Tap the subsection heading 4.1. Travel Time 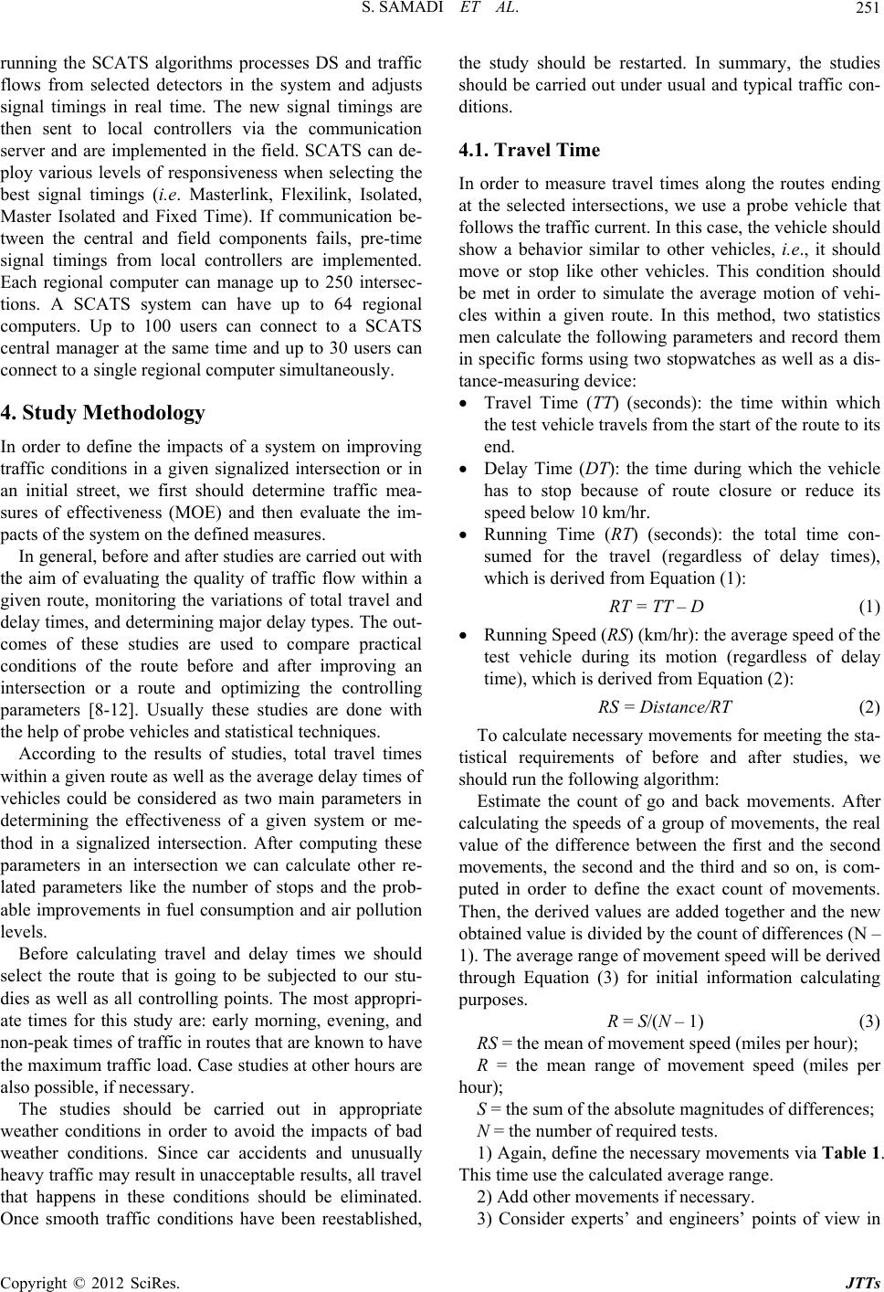[x=529, y=150]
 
